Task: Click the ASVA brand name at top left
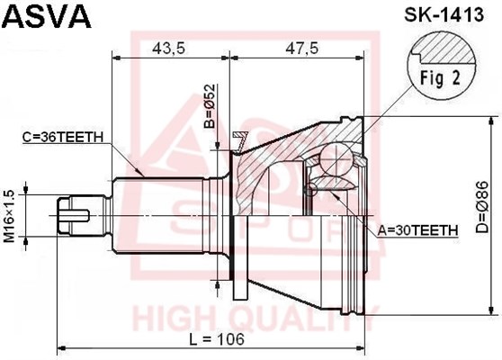[48, 17]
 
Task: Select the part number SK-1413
[444, 14]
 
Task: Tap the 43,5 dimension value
[169, 48]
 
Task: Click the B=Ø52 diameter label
[210, 106]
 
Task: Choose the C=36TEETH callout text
[63, 137]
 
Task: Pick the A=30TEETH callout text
[417, 229]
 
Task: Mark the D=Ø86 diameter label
[481, 207]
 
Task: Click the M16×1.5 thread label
[9, 216]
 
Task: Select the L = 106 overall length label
[217, 339]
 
